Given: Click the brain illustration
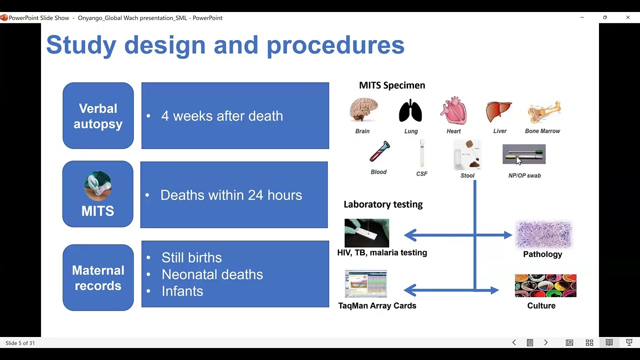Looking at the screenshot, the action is tap(363, 109).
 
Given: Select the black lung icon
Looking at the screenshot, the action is tap(410, 111).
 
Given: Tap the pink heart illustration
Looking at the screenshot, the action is tap(453, 110).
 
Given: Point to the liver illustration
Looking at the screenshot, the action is tap(499, 111).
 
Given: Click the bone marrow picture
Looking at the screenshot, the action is tap(544, 112).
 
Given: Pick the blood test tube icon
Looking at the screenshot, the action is tap(379, 151).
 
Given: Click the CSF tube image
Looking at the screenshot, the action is tap(421, 153).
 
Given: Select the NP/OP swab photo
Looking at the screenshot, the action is tap(524, 154).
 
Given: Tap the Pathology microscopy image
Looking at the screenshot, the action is tap(544, 234).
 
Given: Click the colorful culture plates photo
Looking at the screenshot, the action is tap(545, 285).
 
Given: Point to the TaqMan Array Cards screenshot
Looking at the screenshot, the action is tap(365, 283).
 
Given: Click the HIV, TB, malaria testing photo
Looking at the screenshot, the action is tap(367, 233).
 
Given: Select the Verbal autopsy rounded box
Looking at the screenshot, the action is tap(98, 115).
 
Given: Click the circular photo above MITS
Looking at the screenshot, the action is tap(97, 186).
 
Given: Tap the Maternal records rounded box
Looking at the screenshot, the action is tap(98, 277).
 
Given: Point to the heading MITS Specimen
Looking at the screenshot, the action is tap(392, 85).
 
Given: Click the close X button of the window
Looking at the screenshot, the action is tap(628, 17).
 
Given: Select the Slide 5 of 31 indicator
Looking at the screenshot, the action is tap(20, 343).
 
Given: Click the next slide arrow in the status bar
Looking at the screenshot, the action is tap(545, 342).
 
